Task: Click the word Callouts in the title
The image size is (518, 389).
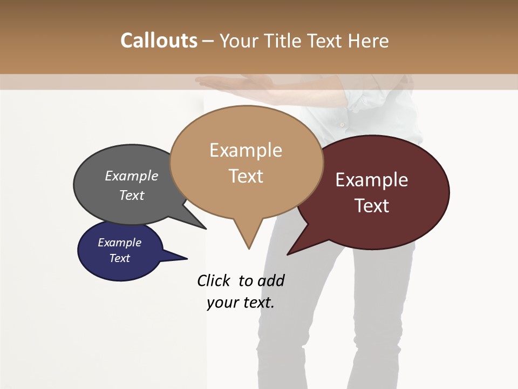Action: click(159, 41)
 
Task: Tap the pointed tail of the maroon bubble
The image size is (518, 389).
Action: click(289, 253)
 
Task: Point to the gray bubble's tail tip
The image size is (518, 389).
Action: click(205, 229)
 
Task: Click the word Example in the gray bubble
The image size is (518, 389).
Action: click(132, 176)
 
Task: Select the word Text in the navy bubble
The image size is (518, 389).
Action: click(120, 258)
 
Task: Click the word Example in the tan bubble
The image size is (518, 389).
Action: click(246, 150)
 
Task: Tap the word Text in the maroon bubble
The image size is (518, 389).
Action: click(372, 206)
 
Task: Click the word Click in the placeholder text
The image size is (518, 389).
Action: click(214, 280)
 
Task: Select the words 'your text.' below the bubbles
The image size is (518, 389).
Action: click(241, 303)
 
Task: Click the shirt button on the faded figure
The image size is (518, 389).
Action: click(342, 124)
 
